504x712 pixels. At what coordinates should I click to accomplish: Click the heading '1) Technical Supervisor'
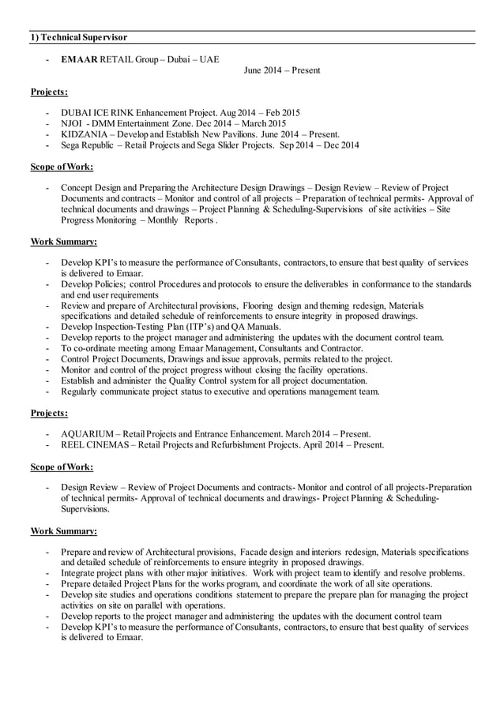78,37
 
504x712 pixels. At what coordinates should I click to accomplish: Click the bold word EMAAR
79,59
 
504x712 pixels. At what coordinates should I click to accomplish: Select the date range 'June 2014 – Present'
282,71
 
